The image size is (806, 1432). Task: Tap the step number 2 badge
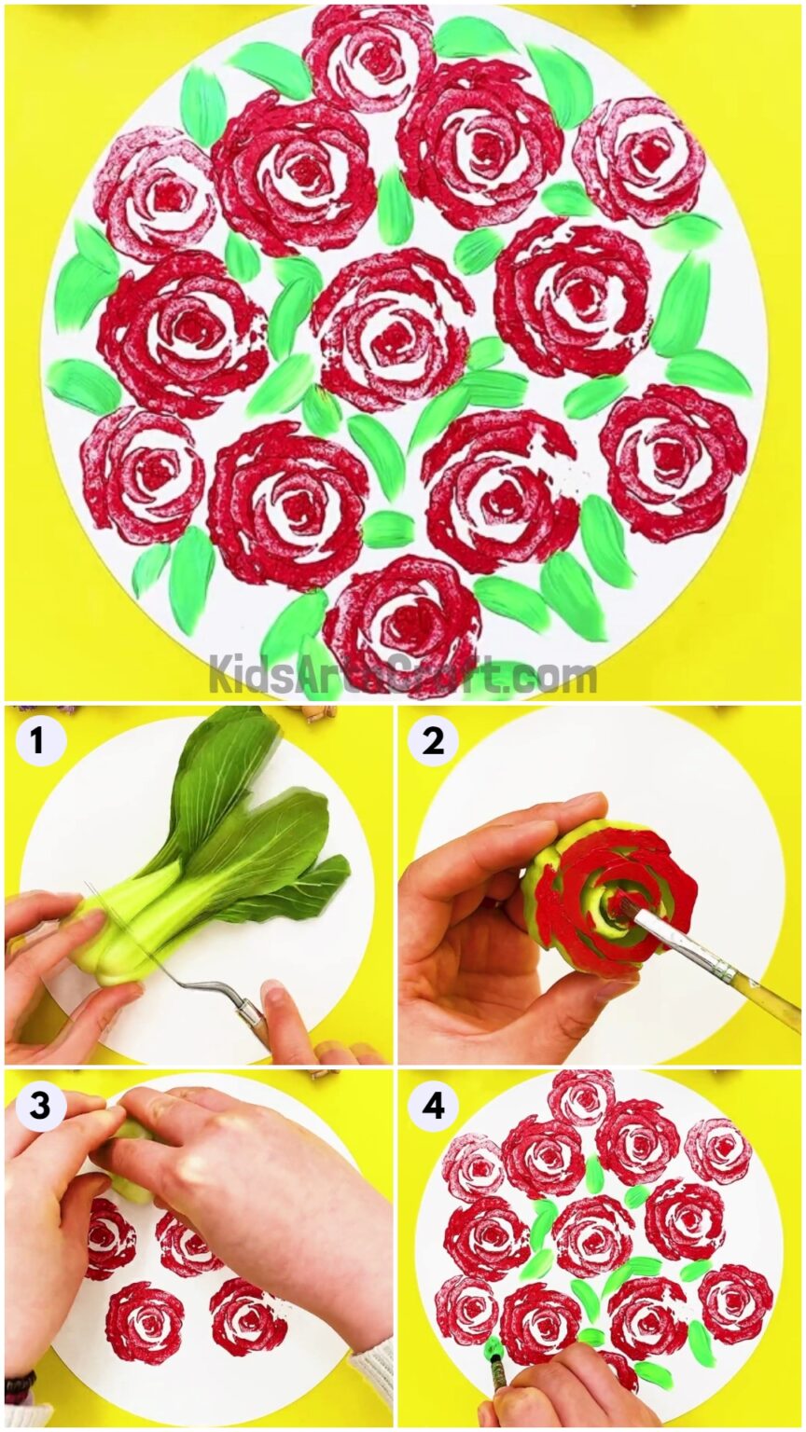point(432,741)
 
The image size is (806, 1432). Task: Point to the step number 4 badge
point(432,1106)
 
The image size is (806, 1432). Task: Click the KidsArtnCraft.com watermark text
point(401,674)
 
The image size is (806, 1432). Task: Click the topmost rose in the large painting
point(369,56)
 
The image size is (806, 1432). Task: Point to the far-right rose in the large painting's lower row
point(672,461)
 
